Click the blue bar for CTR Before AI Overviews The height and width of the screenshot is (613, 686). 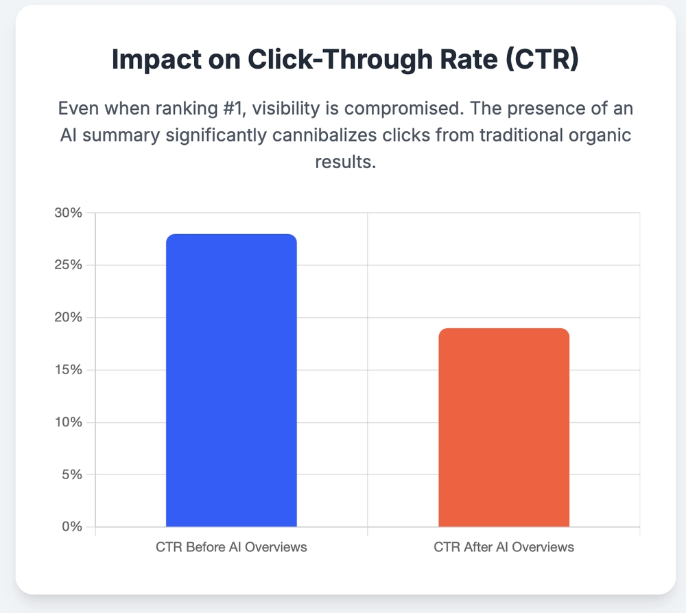[x=231, y=380]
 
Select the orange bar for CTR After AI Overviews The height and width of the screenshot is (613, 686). [x=504, y=427]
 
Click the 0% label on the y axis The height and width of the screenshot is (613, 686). [x=71, y=527]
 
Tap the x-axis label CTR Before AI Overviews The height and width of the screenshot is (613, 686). [x=231, y=548]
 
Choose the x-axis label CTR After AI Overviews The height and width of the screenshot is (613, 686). [x=504, y=548]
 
